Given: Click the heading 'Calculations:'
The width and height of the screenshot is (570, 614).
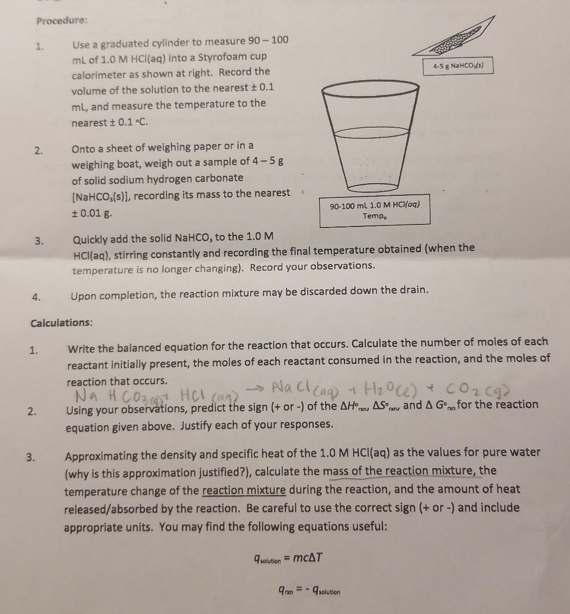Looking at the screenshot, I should (x=61, y=323).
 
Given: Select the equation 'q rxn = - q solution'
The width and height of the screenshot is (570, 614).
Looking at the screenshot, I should (x=309, y=591).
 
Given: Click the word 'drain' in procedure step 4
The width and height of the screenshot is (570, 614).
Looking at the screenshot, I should (x=413, y=290).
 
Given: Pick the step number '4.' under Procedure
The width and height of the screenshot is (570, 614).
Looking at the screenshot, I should (x=35, y=297).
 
